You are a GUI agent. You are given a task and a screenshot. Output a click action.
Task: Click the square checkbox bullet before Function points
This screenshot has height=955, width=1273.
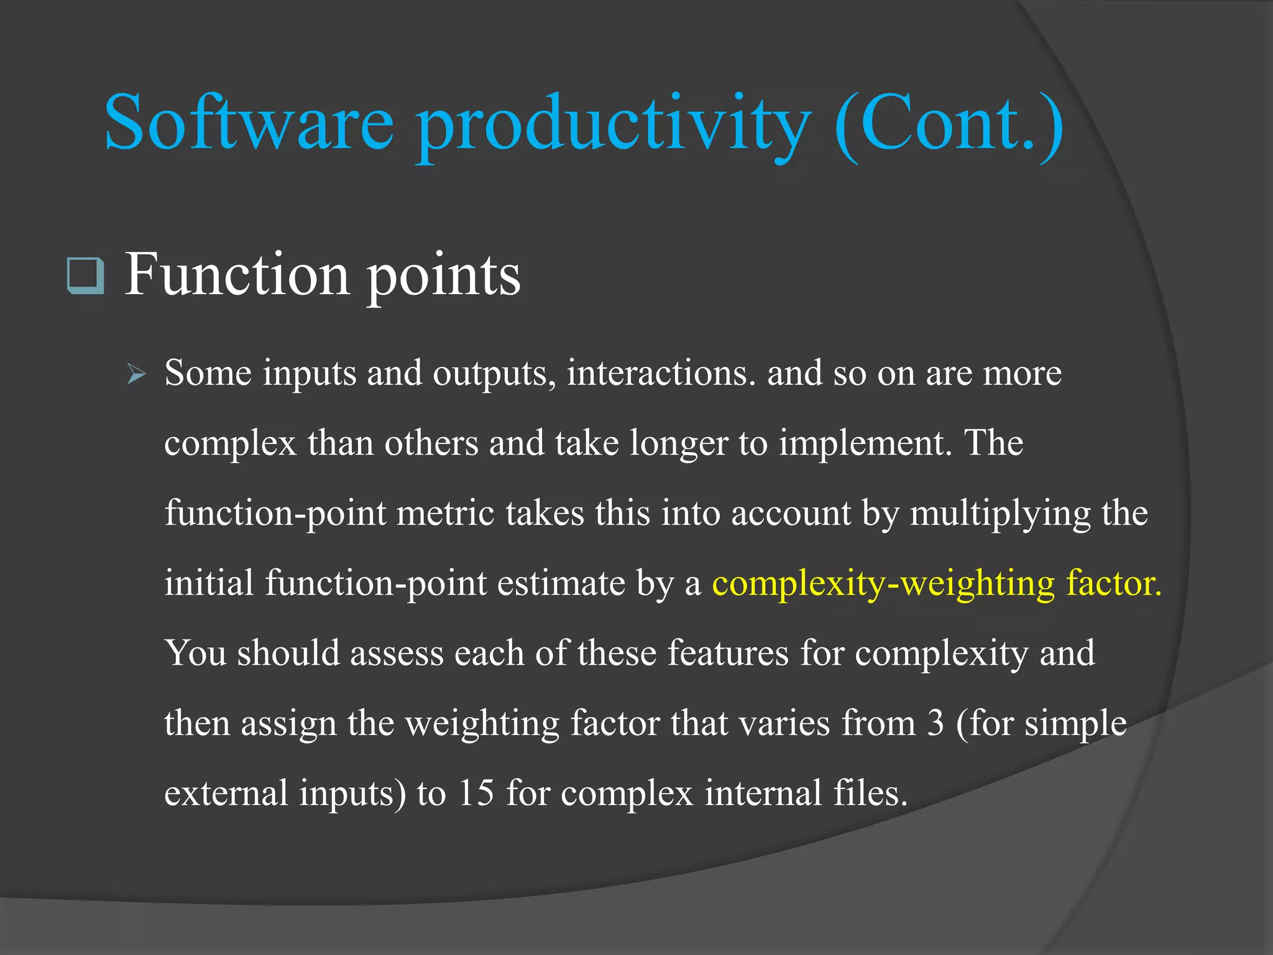coord(85,275)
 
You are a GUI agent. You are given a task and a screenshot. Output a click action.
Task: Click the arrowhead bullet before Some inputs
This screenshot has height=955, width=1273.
coord(136,375)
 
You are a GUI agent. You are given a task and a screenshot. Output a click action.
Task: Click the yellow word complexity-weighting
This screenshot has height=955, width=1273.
coord(883,584)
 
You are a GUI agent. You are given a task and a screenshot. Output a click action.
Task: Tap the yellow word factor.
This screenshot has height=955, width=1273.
coord(1113,583)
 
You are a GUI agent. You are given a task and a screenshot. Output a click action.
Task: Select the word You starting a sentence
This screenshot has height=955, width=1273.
coord(195,653)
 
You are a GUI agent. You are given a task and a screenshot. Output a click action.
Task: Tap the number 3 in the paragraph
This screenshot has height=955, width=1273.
coord(935,724)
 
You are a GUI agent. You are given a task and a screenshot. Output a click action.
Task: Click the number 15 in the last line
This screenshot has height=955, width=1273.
coord(476,793)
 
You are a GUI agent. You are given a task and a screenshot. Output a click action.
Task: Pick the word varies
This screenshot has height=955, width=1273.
coord(784,724)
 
